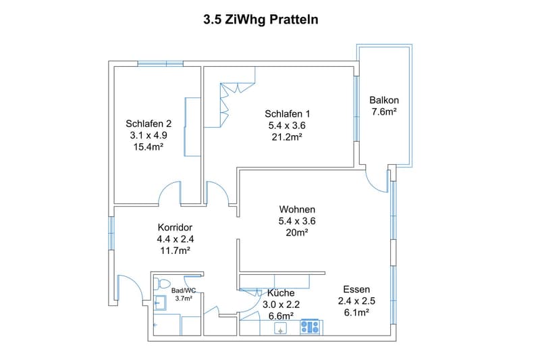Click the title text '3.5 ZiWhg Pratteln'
click(x=261, y=20)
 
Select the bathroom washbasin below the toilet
click(x=160, y=303)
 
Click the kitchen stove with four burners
click(x=311, y=327)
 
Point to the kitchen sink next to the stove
click(x=280, y=328)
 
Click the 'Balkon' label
click(x=384, y=100)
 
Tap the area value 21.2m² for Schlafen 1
click(x=287, y=137)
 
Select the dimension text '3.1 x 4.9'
click(x=148, y=135)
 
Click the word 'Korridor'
click(x=175, y=228)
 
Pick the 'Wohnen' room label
click(x=297, y=209)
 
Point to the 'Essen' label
click(x=356, y=289)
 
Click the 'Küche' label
click(x=281, y=293)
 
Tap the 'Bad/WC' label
click(x=184, y=290)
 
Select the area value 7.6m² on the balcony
click(x=384, y=111)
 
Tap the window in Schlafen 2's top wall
click(x=161, y=63)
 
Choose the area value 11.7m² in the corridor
click(x=175, y=251)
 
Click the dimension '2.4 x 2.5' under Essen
click(x=356, y=301)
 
